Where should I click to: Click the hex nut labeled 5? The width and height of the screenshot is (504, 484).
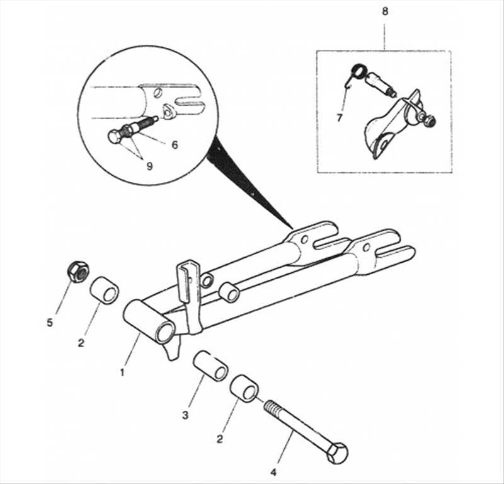coord(77,272)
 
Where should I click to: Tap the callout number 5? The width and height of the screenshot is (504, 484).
coord(50,323)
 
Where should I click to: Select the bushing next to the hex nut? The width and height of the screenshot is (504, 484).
coord(104,289)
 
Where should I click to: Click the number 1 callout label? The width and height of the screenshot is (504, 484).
coord(122,372)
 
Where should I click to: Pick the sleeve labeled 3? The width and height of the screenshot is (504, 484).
coord(210,365)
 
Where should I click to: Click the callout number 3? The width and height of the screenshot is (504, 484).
coord(185,415)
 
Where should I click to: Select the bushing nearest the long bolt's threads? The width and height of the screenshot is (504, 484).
coord(245,389)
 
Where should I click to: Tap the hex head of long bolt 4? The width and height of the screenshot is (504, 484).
coord(337,452)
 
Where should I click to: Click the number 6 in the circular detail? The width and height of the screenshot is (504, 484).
coord(175,144)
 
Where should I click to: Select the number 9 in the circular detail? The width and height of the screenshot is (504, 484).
coord(149,166)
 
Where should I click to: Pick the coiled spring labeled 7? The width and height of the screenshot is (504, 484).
coord(357,72)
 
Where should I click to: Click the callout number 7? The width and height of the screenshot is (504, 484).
coord(340,117)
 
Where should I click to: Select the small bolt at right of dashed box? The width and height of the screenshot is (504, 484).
coord(430,120)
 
